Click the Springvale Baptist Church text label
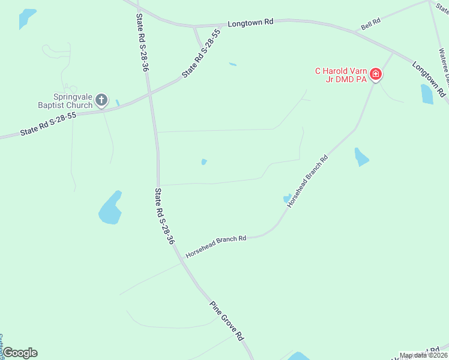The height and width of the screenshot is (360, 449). point(64,100)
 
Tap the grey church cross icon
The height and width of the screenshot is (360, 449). point(102,100)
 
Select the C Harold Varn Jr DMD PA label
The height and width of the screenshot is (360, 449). point(342,75)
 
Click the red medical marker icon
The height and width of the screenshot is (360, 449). point(376,74)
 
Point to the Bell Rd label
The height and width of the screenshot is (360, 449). point(370,24)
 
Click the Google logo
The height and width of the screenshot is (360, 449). point(20,353)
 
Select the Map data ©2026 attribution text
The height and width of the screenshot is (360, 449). point(423,355)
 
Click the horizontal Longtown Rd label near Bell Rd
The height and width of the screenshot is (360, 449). point(250,22)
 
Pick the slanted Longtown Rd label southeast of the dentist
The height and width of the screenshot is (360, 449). point(429,79)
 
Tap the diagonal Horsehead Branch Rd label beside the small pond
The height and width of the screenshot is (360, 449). point(307,181)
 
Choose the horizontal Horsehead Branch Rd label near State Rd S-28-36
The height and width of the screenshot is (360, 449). point(216,246)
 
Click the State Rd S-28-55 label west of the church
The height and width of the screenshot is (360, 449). point(48,124)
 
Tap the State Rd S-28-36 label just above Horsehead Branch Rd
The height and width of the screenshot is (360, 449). point(164,216)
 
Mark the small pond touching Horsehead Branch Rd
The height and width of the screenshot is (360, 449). point(287,199)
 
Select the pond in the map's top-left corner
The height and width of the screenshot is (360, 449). point(26,18)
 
